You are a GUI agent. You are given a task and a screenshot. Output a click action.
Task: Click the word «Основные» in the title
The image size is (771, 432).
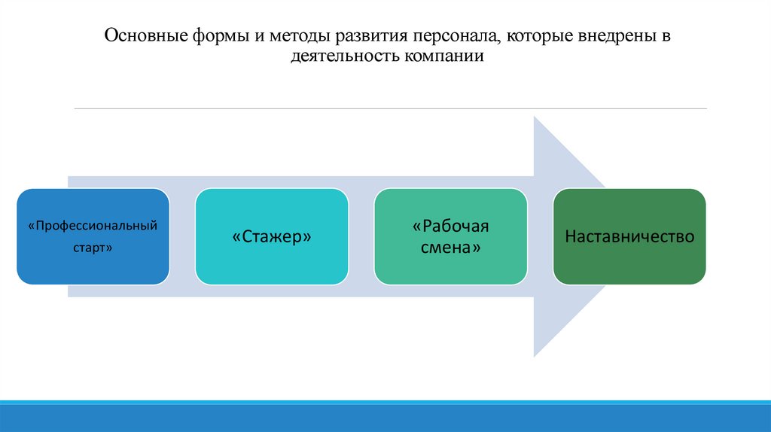[139, 36]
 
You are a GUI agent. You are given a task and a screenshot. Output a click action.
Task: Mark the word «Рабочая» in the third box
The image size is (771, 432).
[451, 227]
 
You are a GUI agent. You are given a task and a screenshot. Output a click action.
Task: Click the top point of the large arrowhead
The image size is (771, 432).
[534, 117]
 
